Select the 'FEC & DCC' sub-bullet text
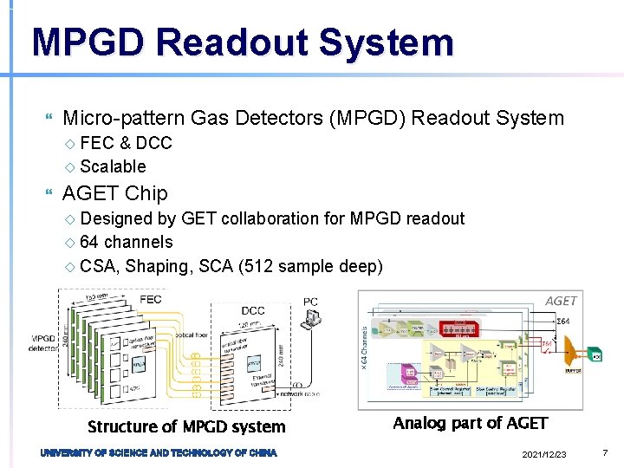pyautogui.click(x=126, y=143)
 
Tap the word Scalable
pyautogui.click(x=113, y=166)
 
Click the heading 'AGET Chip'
pyautogui.click(x=115, y=193)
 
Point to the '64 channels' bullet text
pyautogui.click(x=126, y=242)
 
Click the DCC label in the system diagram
pyautogui.click(x=253, y=309)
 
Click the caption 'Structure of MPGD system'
pyautogui.click(x=186, y=426)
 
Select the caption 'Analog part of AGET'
pyautogui.click(x=470, y=423)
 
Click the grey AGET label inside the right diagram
pyautogui.click(x=561, y=300)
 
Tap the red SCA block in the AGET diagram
pyautogui.click(x=467, y=328)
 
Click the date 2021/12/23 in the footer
pyautogui.click(x=545, y=455)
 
